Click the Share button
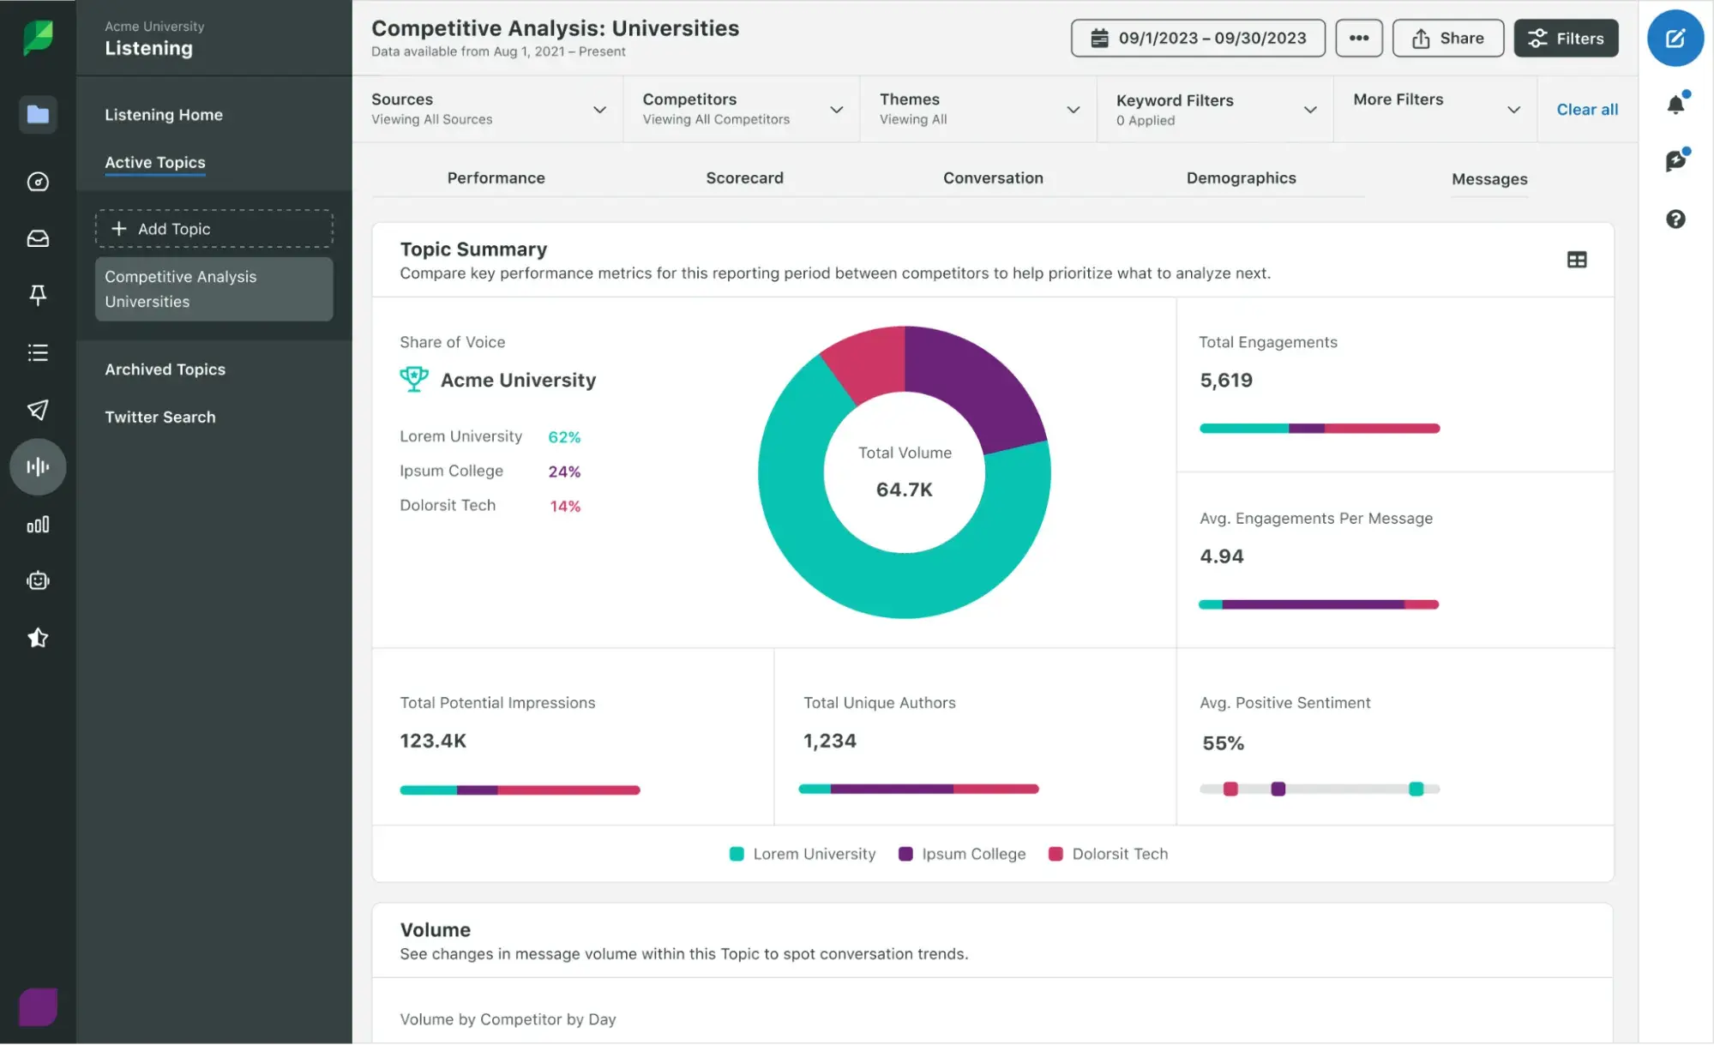(x=1447, y=39)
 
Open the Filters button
(x=1566, y=39)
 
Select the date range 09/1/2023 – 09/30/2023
(x=1197, y=39)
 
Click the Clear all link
(x=1586, y=110)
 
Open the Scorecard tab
(x=744, y=178)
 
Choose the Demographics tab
(x=1241, y=178)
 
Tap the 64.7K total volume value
(x=904, y=489)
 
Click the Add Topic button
(x=213, y=229)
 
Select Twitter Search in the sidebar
(x=160, y=417)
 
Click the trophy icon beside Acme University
(x=414, y=379)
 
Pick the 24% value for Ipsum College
(x=564, y=471)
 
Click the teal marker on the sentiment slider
(x=1416, y=789)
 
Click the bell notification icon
(x=1675, y=105)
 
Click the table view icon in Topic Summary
(x=1576, y=260)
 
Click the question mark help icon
(x=1675, y=219)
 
